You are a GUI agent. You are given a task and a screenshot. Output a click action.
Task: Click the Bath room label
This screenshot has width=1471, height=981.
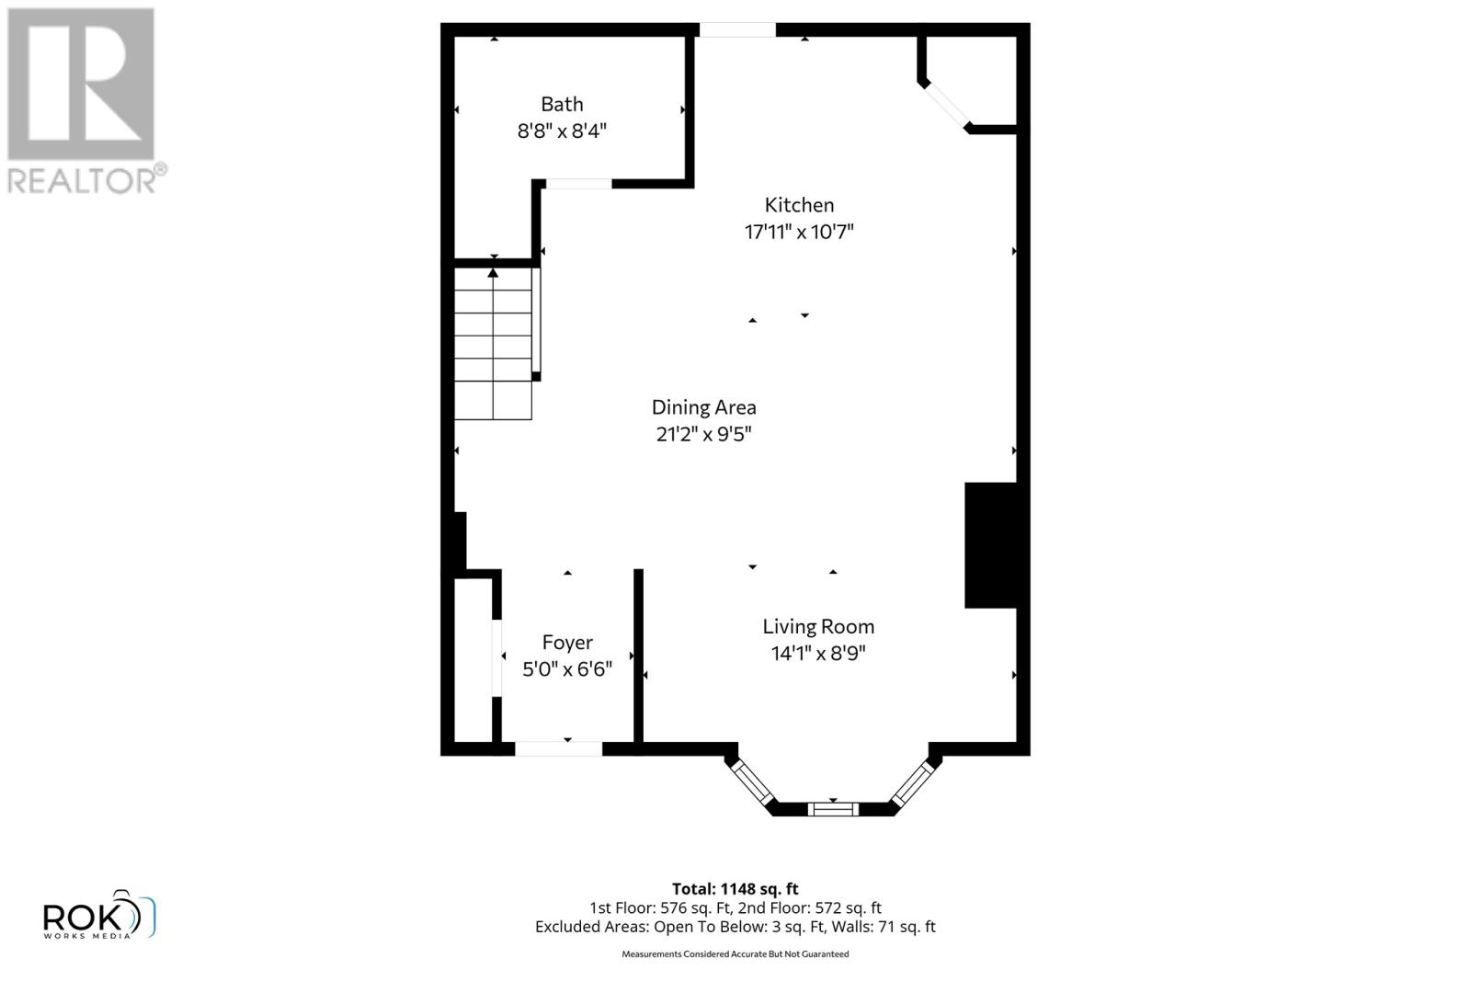562,105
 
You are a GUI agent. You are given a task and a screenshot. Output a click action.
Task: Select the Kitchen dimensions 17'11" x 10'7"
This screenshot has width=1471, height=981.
799,232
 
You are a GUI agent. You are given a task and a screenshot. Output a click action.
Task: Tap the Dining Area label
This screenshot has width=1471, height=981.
703,407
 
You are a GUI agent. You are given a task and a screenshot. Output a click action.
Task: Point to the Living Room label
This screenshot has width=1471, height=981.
817,627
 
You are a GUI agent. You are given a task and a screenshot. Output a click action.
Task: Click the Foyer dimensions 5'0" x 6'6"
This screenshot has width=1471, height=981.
567,669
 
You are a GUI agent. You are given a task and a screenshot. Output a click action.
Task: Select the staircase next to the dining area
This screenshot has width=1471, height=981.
494,345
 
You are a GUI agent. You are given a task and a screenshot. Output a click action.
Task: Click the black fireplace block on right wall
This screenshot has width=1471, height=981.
990,545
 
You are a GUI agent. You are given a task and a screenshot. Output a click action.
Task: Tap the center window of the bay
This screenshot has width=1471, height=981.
833,809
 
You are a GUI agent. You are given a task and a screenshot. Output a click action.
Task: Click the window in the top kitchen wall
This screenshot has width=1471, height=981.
737,30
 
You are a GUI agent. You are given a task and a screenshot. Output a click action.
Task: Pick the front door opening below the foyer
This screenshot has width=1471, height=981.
558,748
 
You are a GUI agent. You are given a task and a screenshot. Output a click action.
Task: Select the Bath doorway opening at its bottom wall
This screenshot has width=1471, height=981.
578,184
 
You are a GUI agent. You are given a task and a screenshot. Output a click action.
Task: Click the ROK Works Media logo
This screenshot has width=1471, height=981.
98,916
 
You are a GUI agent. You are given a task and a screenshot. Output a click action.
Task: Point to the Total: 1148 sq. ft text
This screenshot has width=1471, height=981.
735,889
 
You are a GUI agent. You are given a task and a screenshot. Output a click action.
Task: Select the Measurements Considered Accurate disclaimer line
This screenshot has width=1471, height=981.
735,954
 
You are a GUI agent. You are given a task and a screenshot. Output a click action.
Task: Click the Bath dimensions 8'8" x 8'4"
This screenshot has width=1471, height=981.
562,131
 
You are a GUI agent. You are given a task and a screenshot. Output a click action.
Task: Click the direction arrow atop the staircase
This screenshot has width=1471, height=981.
494,272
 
